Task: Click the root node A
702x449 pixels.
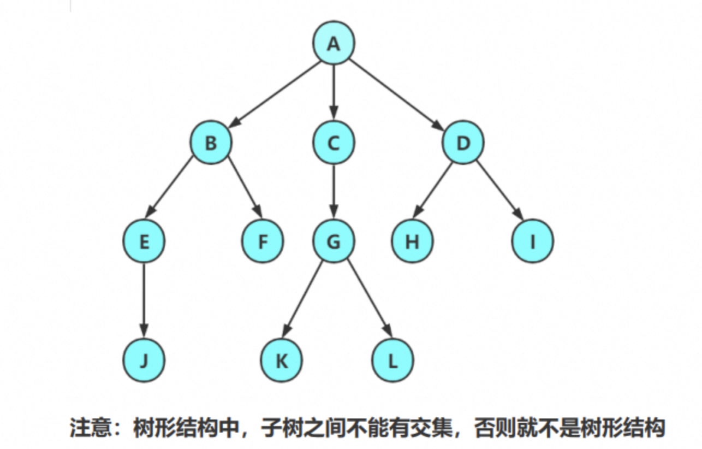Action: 334,43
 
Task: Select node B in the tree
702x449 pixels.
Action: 211,143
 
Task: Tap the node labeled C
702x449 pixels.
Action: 334,143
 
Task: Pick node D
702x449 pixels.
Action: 463,143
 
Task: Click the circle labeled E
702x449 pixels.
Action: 144,241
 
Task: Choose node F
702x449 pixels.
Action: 263,241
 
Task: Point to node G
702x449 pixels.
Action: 334,241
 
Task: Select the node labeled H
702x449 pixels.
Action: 412,241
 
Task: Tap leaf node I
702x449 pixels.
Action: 533,241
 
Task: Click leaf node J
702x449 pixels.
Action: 144,361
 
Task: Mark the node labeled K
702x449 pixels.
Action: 282,361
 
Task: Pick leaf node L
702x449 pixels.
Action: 392,361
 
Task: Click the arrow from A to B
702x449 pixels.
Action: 273,92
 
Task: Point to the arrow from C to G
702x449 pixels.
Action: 334,191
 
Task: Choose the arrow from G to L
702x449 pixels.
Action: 370,298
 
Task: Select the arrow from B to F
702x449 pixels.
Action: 245,188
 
